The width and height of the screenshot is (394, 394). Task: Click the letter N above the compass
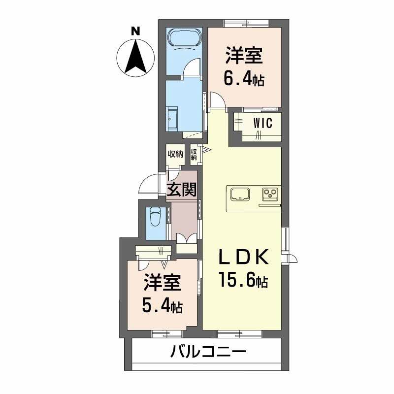(136, 31)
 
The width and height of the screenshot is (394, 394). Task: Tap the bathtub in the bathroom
(184, 38)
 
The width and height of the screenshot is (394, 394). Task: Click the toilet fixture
(155, 217)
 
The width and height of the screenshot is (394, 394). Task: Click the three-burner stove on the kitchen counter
(270, 194)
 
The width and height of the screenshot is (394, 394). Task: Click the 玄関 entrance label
(181, 189)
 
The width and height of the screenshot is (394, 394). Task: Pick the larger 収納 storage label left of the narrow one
(175, 154)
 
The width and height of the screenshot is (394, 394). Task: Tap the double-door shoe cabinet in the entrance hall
(187, 238)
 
